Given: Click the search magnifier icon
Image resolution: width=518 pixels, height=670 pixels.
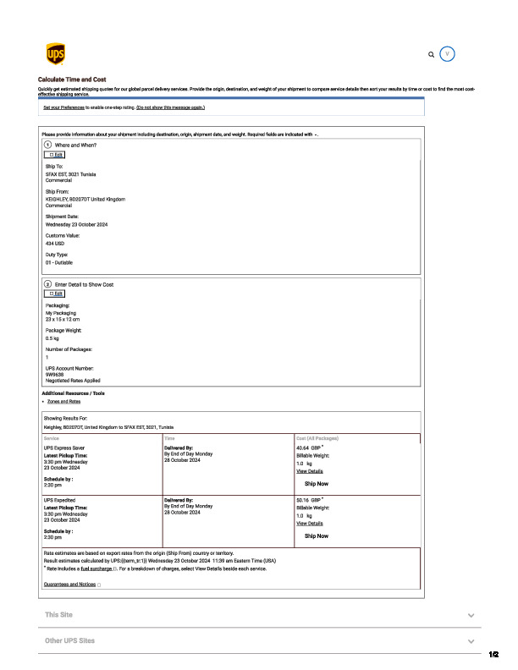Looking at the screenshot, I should point(432,54).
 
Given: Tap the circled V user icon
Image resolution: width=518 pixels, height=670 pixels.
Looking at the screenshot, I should point(449,53).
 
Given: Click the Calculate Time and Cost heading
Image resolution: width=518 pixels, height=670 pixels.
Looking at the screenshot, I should point(72,79).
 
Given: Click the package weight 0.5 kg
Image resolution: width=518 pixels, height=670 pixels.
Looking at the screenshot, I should point(52,338).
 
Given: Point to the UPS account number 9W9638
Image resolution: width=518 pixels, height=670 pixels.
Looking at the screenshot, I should point(56,374).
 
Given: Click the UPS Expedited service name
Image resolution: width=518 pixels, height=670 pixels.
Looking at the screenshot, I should point(61,500).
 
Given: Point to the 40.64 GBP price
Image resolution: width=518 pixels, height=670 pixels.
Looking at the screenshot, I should point(310,448).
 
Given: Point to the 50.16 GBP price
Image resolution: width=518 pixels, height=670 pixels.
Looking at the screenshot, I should point(310,500).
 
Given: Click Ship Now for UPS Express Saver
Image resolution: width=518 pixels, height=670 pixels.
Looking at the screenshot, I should point(317,484).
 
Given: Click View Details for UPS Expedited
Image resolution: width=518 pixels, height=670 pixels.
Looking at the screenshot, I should point(309,524).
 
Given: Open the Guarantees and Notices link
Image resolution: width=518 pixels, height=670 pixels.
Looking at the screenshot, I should point(69,584).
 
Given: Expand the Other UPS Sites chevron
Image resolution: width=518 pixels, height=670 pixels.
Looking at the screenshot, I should point(471,642).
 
